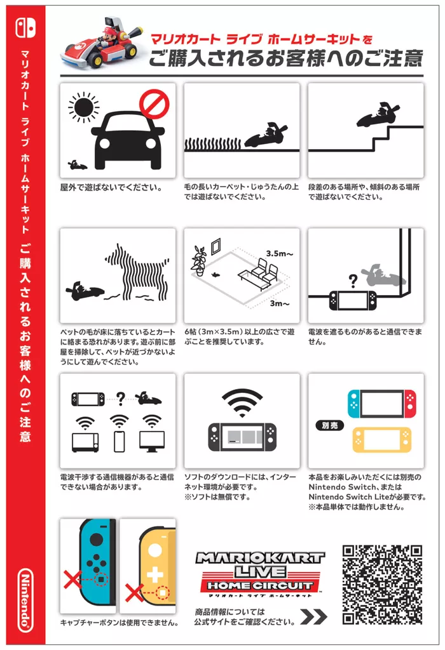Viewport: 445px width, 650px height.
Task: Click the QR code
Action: point(382,585)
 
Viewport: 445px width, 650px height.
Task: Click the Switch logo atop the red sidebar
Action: point(25,28)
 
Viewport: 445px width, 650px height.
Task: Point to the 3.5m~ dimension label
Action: point(279,254)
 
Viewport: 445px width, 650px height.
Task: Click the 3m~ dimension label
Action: point(279,303)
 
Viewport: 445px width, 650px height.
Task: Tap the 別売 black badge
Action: point(330,425)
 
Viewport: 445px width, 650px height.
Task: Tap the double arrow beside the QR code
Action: point(314,616)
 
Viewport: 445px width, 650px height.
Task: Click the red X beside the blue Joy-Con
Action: point(72,579)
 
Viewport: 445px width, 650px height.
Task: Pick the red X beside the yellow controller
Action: point(134,594)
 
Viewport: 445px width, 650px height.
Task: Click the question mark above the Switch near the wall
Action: point(353,281)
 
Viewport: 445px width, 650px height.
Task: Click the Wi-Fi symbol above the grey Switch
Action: point(242,402)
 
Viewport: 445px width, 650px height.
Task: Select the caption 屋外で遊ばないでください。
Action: point(111,187)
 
